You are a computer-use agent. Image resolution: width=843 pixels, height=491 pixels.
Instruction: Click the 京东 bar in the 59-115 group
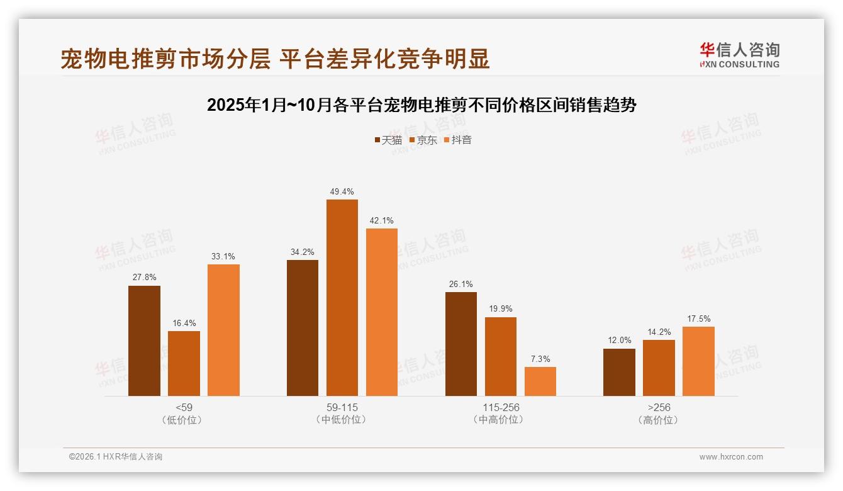tap(342, 298)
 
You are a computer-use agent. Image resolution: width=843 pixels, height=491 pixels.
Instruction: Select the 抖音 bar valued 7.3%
tap(540, 381)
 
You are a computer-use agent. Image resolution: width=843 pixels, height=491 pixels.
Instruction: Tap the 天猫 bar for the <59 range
tap(144, 341)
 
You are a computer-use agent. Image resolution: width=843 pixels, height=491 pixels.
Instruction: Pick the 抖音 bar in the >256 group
tap(698, 361)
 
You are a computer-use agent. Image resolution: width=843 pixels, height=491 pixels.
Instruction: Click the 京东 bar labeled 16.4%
tap(184, 363)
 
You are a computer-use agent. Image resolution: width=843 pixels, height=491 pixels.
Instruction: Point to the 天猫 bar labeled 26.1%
tap(461, 344)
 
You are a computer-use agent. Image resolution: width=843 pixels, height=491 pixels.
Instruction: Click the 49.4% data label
tap(342, 191)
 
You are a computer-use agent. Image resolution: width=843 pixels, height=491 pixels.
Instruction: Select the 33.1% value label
tap(223, 256)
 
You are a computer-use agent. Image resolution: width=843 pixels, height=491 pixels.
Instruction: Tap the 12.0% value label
tap(619, 341)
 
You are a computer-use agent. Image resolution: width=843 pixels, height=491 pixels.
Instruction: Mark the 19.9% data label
tap(501, 308)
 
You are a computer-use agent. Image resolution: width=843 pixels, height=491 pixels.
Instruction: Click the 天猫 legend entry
tap(388, 140)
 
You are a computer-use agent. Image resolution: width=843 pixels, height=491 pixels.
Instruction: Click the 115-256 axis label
tap(500, 407)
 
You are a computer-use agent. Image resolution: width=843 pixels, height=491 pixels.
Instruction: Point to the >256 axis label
tap(659, 407)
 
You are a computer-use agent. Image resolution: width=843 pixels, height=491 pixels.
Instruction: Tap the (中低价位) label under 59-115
tap(342, 420)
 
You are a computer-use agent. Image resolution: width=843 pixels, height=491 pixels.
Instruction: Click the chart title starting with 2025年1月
tap(421, 104)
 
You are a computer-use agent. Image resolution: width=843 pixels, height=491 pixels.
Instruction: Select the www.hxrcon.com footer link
tap(731, 457)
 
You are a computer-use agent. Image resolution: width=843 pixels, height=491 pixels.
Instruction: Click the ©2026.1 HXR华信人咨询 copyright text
tap(116, 457)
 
